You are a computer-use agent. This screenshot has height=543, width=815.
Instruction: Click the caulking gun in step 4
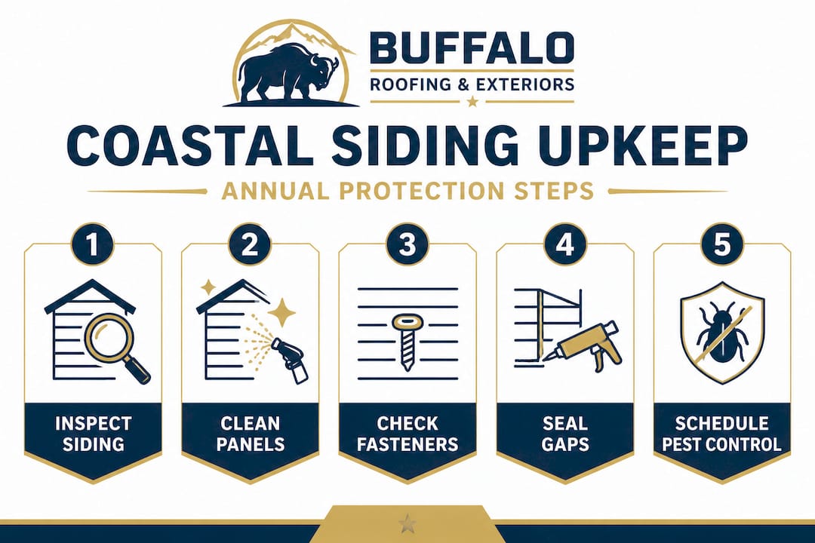[x=586, y=346]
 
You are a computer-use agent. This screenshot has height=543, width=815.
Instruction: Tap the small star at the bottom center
[x=407, y=521]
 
